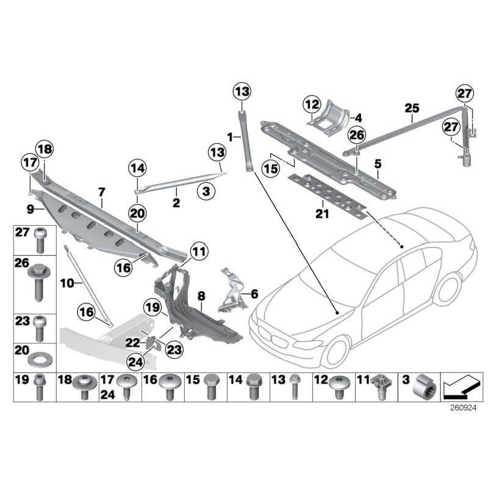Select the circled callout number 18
(44, 147)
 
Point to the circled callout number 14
(138, 168)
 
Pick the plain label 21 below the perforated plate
(322, 213)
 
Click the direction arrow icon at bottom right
(460, 386)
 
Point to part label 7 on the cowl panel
(102, 193)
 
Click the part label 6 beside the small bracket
(255, 293)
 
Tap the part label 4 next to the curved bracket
(359, 117)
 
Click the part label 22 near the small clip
(132, 343)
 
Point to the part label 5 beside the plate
(378, 164)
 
